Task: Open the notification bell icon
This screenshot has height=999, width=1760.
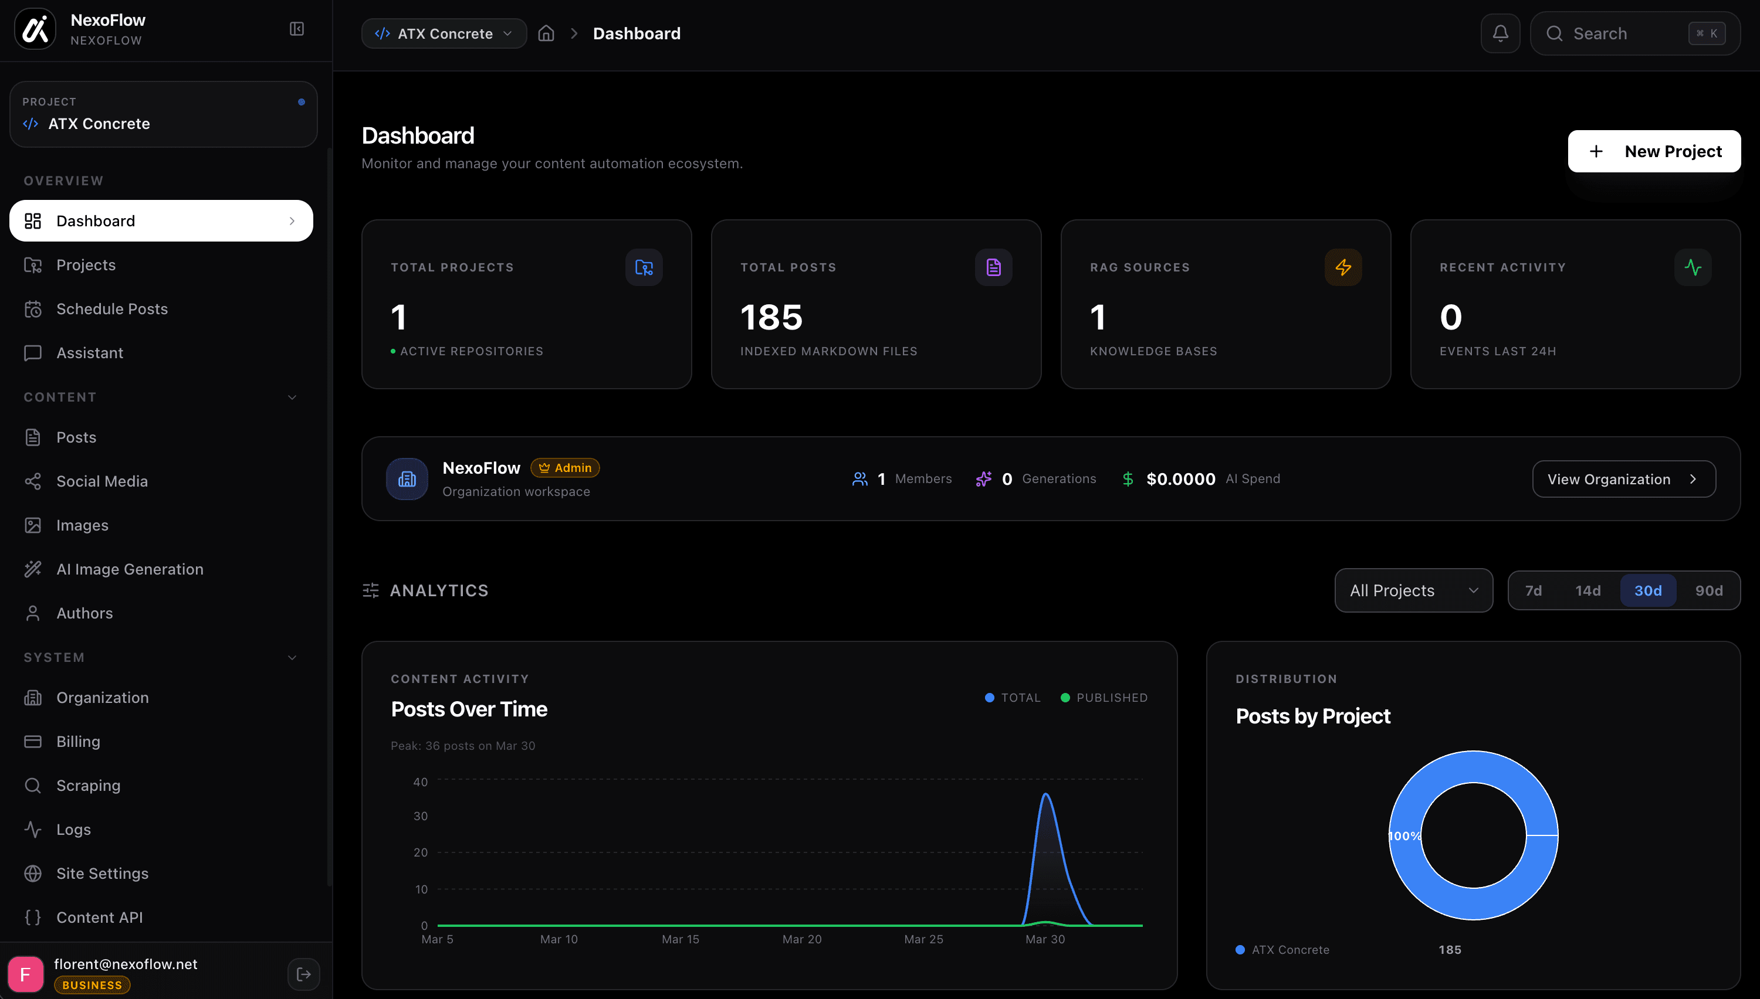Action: (x=1500, y=33)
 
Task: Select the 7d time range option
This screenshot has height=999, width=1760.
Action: (x=1533, y=591)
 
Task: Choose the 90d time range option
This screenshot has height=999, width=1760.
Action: (x=1708, y=591)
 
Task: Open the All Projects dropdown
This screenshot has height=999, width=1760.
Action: (x=1413, y=591)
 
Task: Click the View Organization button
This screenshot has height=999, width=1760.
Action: (x=1623, y=479)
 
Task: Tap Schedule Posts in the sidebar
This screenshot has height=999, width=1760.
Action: (x=111, y=309)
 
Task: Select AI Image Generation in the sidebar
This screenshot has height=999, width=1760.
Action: (x=129, y=569)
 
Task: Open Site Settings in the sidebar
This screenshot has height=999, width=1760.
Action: (x=101, y=874)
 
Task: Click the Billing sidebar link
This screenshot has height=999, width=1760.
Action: (x=77, y=742)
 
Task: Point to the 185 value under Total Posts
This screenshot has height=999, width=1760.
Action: (x=771, y=317)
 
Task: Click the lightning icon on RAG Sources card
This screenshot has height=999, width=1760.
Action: (x=1343, y=267)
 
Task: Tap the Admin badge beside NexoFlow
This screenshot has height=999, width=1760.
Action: (x=565, y=468)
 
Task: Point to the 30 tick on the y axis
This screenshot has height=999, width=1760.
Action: (x=420, y=816)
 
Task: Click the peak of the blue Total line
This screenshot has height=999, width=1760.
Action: (x=1045, y=794)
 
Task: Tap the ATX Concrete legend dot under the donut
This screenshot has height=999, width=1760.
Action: (x=1240, y=950)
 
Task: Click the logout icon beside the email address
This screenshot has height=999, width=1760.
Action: (x=303, y=974)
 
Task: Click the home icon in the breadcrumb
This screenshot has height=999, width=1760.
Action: (x=546, y=33)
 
